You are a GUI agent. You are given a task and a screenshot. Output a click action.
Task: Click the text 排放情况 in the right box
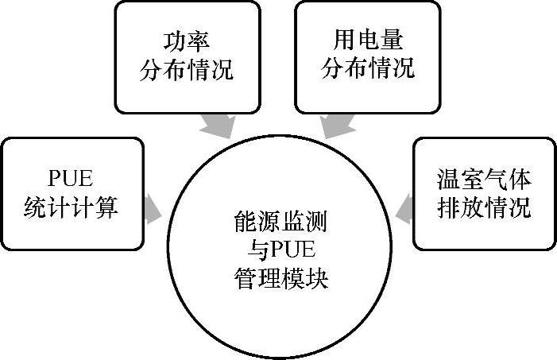[484, 208]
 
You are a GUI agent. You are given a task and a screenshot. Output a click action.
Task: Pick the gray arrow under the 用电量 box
[335, 125]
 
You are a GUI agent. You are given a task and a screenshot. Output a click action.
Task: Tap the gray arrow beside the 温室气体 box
[405, 208]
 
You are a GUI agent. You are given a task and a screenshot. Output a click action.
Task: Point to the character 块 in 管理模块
[317, 280]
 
